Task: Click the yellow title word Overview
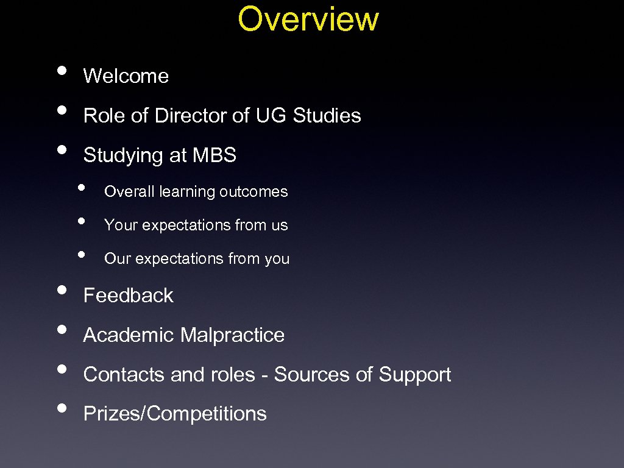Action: [308, 19]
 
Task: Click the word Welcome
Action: [126, 76]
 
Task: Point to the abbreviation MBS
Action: [214, 155]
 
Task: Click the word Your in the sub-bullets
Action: [117, 225]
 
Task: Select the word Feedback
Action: [129, 296]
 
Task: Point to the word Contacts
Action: [124, 375]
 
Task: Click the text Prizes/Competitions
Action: [175, 414]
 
